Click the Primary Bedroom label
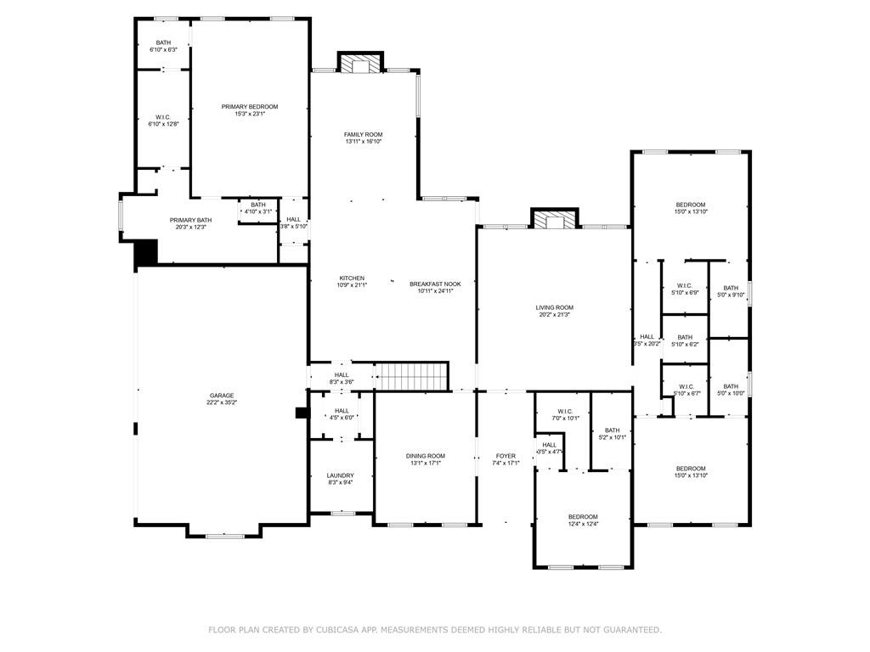click(x=250, y=107)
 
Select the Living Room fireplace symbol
click(x=554, y=220)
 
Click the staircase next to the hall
click(x=412, y=375)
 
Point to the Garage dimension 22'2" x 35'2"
click(x=222, y=403)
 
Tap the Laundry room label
click(x=341, y=475)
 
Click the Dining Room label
click(x=425, y=456)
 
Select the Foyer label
click(x=506, y=456)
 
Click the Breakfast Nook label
click(x=435, y=284)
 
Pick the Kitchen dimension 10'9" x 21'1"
click(x=352, y=285)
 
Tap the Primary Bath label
click(x=190, y=220)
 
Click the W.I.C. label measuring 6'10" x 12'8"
click(x=164, y=117)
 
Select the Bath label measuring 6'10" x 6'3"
click(x=164, y=42)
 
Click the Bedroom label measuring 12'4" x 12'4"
click(x=583, y=516)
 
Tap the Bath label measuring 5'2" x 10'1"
click(x=613, y=430)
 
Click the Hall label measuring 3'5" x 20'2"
click(x=647, y=336)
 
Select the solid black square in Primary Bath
click(x=147, y=253)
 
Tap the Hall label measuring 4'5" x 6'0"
click(x=341, y=410)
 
